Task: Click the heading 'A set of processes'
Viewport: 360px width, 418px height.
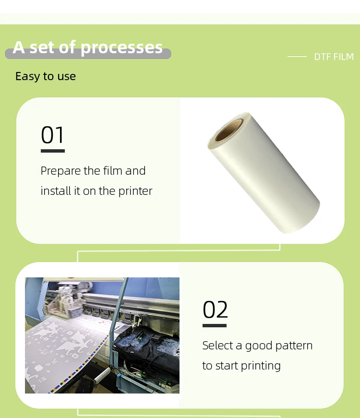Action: tap(87, 48)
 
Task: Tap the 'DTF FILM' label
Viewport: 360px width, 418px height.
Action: tap(334, 57)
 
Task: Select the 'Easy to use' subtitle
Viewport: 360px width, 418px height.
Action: tap(46, 76)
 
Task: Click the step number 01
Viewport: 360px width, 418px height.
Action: tap(52, 135)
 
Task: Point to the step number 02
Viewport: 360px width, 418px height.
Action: tap(215, 310)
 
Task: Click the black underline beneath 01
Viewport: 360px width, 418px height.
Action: tap(53, 151)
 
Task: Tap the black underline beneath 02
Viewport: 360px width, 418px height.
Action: tap(215, 325)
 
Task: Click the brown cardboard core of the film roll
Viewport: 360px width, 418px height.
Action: tap(229, 130)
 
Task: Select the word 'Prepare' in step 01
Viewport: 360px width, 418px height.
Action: tap(60, 171)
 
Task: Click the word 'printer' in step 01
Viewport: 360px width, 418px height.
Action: tap(135, 191)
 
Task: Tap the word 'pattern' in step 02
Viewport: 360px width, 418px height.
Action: tap(294, 346)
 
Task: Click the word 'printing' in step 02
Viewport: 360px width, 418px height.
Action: tap(261, 366)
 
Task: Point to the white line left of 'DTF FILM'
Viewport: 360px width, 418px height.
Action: tap(297, 57)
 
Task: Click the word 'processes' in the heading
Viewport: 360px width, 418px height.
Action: tap(121, 48)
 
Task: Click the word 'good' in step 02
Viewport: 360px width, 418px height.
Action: tap(258, 346)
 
